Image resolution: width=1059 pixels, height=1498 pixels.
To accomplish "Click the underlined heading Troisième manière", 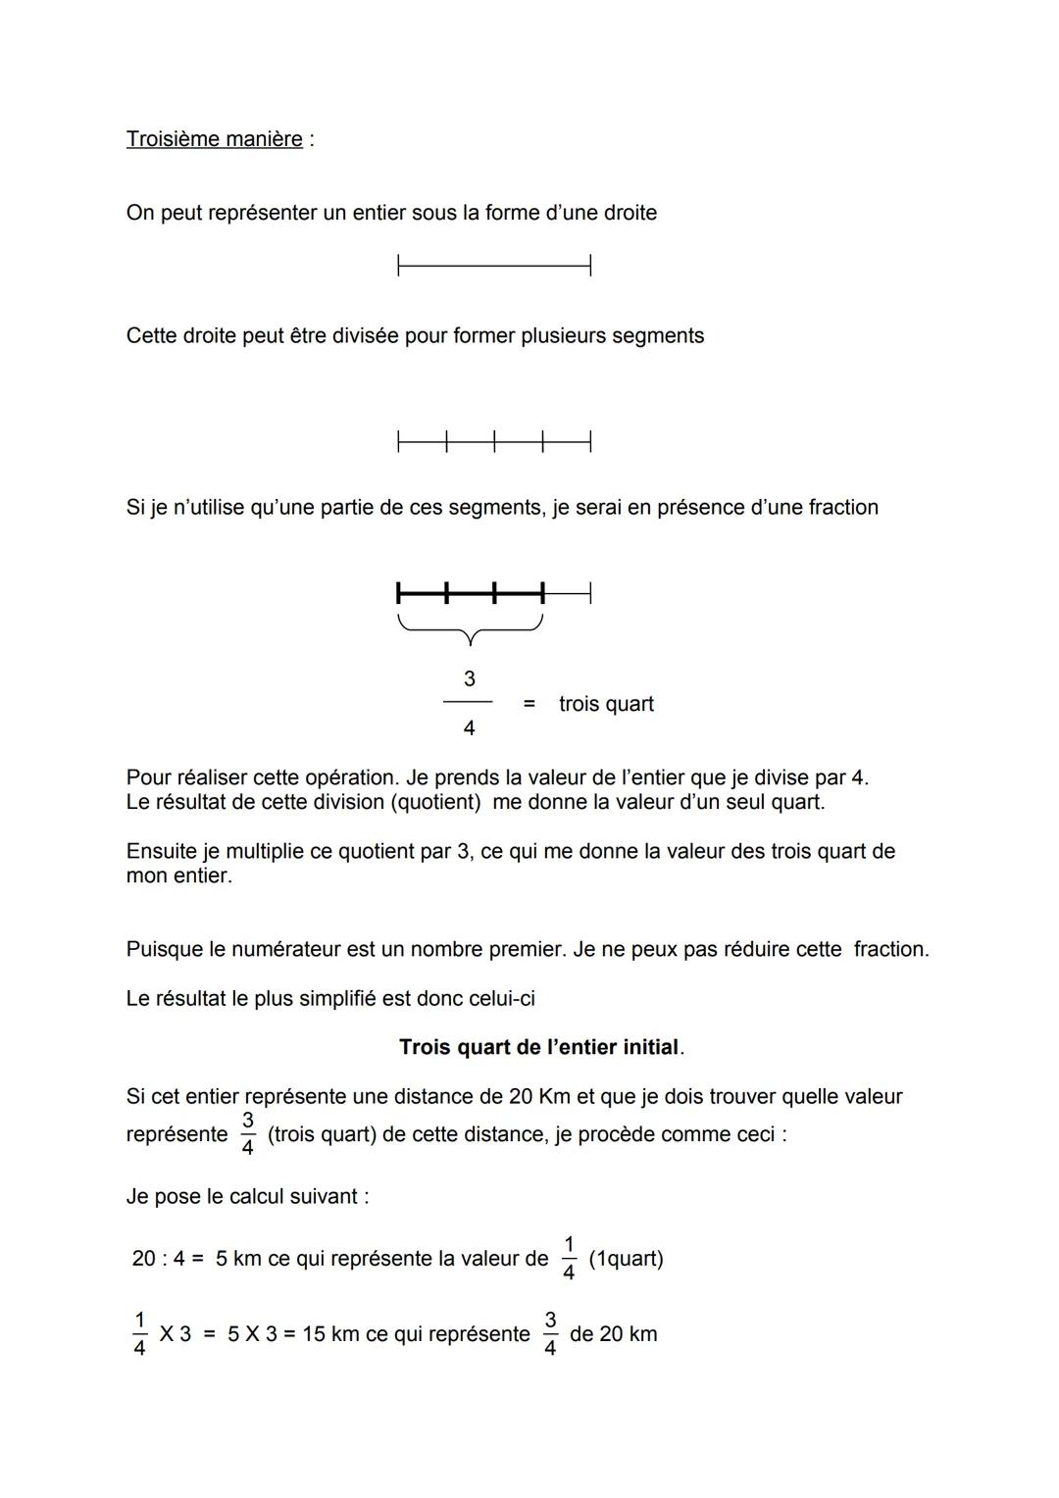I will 214,139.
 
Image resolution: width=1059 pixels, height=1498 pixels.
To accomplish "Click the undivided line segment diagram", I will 494,265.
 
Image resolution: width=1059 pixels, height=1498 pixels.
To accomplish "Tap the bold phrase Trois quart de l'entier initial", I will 539,1047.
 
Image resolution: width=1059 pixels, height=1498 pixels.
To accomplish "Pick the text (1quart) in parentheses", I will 626,1259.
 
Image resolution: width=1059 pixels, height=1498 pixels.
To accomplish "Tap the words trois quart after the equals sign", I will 606,704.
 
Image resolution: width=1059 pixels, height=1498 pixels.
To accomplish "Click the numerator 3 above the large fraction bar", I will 469,678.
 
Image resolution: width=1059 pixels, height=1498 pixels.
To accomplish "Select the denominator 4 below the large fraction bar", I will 469,728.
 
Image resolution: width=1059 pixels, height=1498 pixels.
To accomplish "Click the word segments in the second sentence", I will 657,336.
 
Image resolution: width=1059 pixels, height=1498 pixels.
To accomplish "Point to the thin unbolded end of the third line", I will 568,593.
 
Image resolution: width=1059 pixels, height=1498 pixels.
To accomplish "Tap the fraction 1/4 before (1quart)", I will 569,1259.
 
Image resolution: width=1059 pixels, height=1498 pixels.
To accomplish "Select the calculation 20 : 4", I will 159,1259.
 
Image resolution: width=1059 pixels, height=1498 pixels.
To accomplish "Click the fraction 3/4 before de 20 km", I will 550,1334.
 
